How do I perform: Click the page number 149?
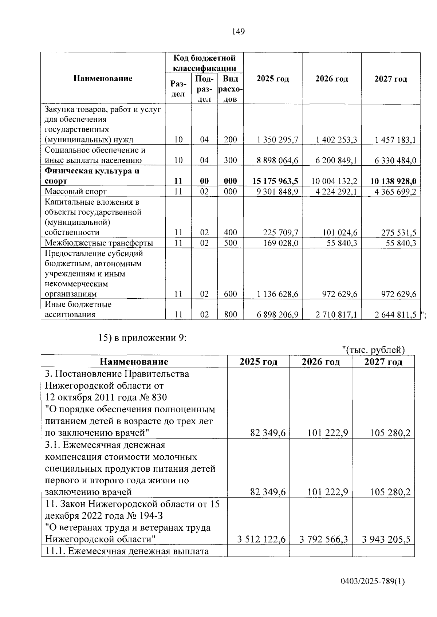pyautogui.click(x=238, y=32)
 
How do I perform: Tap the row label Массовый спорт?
pyautogui.click(x=75, y=192)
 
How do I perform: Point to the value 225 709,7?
pyautogui.click(x=281, y=233)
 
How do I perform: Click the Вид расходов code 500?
pyautogui.click(x=230, y=243)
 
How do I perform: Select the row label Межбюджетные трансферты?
pyautogui.click(x=99, y=243)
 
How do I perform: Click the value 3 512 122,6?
pyautogui.click(x=261, y=539)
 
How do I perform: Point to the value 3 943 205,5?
pyautogui.click(x=386, y=539)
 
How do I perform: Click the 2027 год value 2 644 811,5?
pyautogui.click(x=395, y=315)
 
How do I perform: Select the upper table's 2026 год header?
pyautogui.click(x=331, y=79)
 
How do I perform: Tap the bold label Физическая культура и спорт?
pyautogui.click(x=92, y=176)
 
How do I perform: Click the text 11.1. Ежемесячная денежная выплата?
pyautogui.click(x=127, y=551)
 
